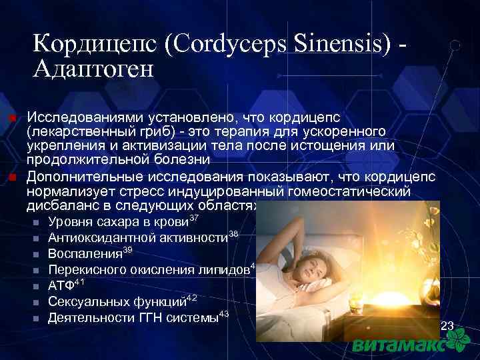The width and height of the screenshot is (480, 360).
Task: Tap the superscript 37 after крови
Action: (x=195, y=217)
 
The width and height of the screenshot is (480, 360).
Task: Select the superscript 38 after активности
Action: (x=233, y=233)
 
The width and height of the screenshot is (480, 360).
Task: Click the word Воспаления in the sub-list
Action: (x=85, y=253)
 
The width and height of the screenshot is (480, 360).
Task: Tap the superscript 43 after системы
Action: (x=224, y=313)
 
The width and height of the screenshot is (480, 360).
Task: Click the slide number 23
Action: (x=447, y=326)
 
